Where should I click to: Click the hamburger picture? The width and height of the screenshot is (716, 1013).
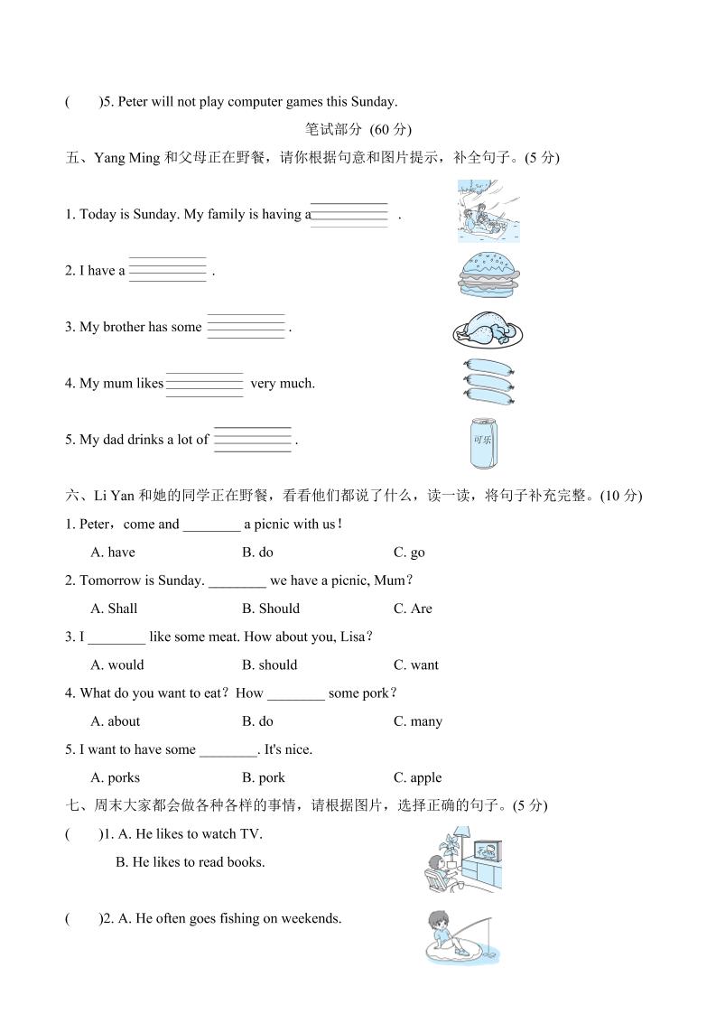[488, 270]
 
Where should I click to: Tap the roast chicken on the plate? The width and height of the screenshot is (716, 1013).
[488, 330]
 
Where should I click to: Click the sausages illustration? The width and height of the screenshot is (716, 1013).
[488, 383]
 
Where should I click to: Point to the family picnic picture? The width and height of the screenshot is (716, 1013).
[488, 211]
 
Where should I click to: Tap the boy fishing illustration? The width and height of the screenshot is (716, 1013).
[460, 937]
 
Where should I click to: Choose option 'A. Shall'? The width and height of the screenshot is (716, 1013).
[114, 609]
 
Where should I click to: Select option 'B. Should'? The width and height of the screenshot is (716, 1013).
[270, 609]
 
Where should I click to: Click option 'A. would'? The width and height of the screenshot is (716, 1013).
[117, 665]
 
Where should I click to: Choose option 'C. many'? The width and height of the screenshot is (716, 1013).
[417, 721]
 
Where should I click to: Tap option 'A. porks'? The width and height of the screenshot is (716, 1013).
[116, 777]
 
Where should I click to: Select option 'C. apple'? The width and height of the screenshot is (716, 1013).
[417, 777]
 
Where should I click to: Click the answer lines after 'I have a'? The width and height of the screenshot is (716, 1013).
[168, 270]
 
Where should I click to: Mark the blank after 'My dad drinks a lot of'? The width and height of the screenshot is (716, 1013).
[253, 439]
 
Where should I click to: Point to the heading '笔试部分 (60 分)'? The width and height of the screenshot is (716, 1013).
[358, 129]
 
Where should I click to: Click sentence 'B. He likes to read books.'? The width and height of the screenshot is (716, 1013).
[191, 862]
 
